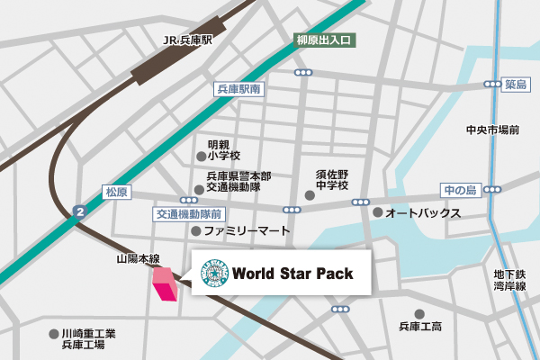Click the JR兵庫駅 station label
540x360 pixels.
coord(186,40)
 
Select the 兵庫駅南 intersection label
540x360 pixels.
coord(238,89)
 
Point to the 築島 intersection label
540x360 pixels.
coord(515,84)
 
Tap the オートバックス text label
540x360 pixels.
coord(422,213)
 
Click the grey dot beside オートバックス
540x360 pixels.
coord(377,213)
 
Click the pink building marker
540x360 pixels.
coord(165,285)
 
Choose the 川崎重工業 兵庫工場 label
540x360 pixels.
coord(88,338)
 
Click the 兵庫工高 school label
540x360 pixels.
coord(419,325)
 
